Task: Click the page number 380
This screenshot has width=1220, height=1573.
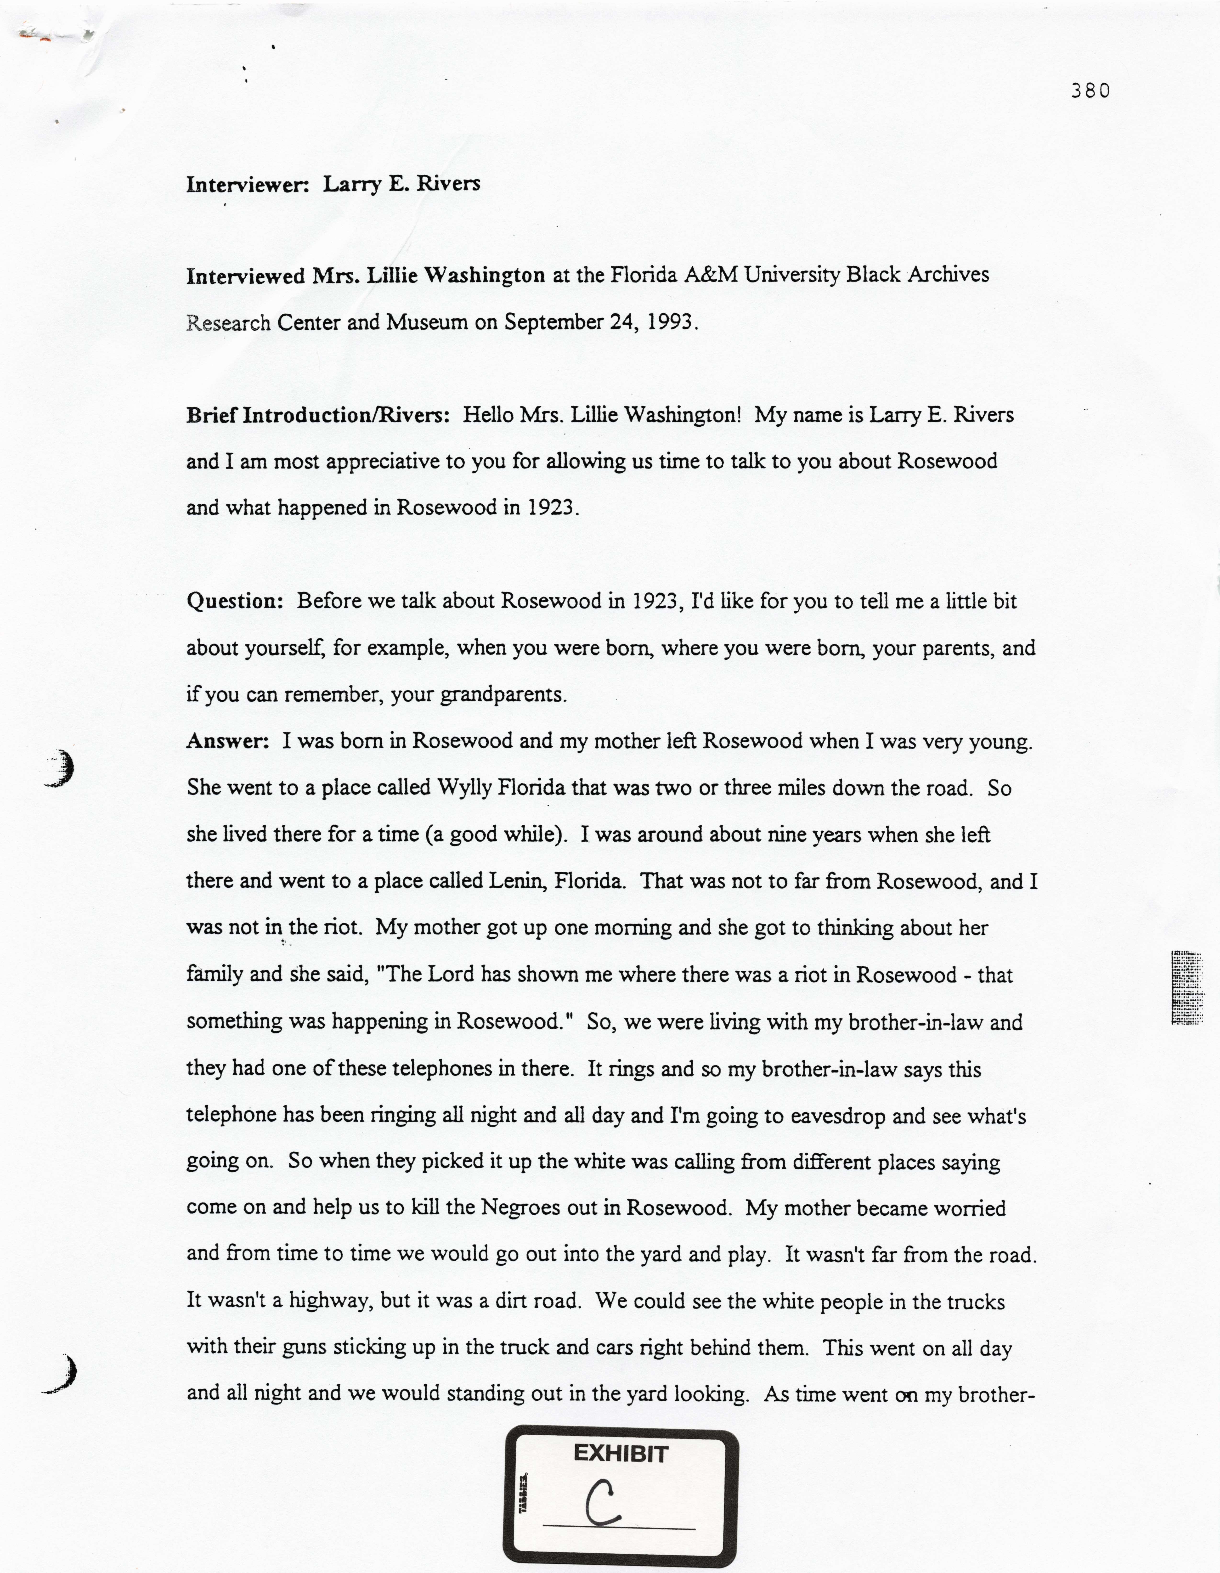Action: coord(1090,91)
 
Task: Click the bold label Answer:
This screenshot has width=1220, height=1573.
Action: coord(228,741)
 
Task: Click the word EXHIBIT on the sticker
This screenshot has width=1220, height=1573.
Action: coord(621,1454)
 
